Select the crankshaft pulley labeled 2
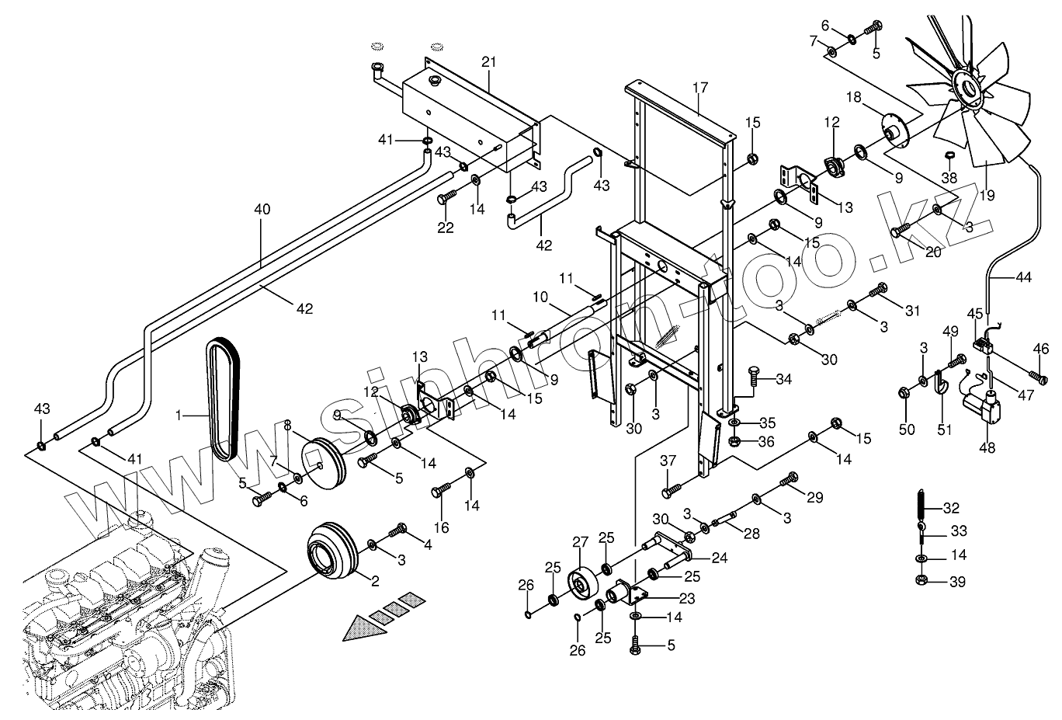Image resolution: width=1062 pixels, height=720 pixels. click(x=330, y=552)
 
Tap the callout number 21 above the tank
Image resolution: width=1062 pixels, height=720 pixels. click(x=488, y=61)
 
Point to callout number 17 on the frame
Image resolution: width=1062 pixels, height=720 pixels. click(x=700, y=88)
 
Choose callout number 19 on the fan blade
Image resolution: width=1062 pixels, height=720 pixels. click(x=987, y=196)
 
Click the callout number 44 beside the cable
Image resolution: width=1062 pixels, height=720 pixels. click(x=1024, y=276)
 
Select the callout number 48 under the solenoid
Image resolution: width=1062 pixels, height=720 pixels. click(x=987, y=448)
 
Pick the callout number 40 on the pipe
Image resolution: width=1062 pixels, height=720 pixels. click(x=262, y=209)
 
